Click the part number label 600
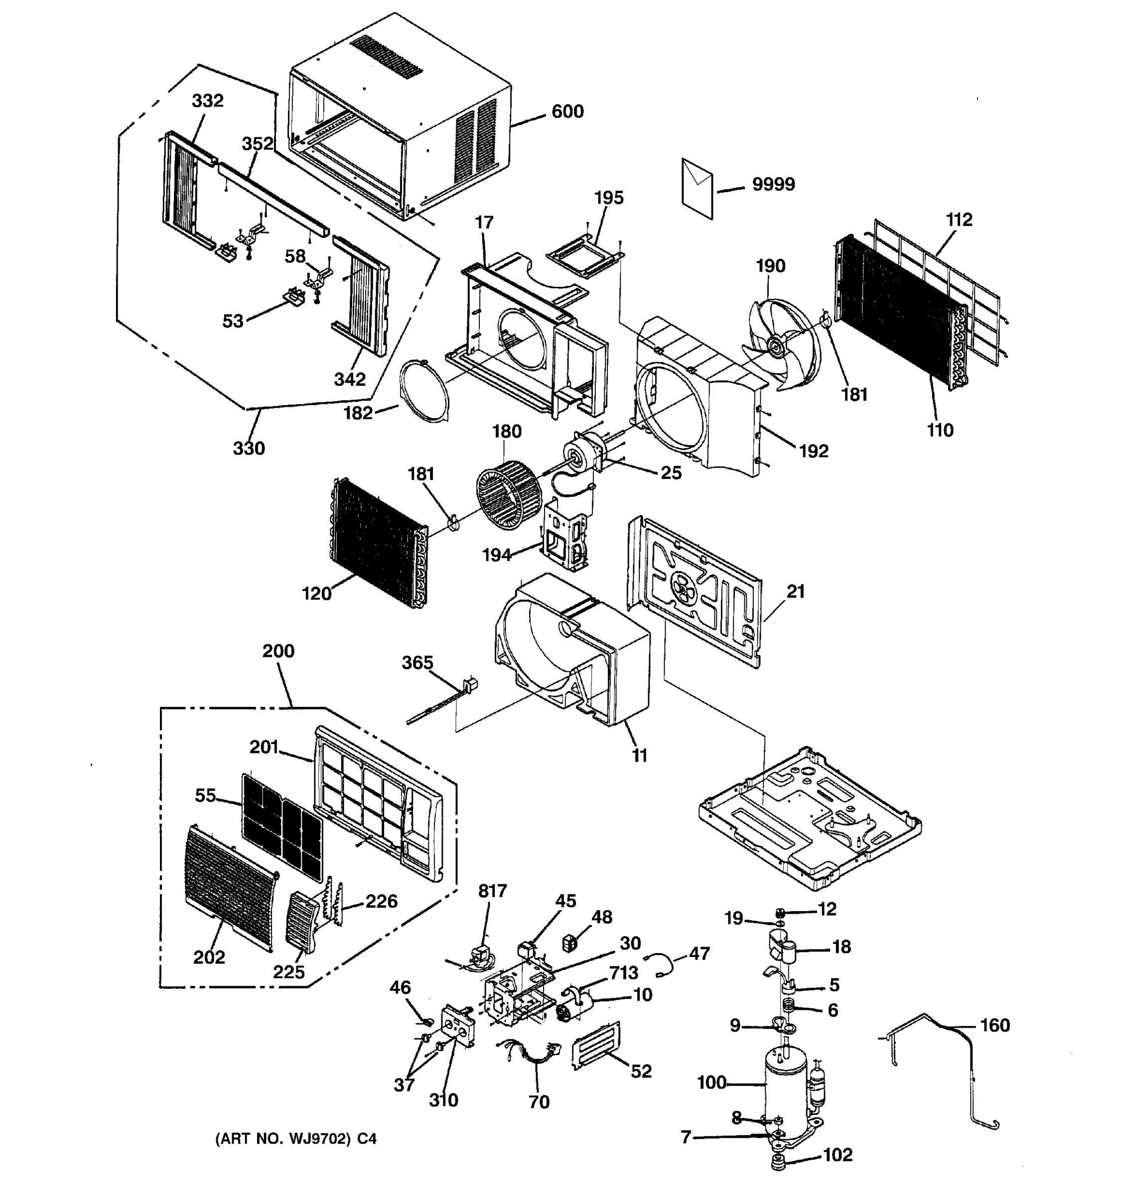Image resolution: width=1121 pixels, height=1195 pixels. tap(567, 112)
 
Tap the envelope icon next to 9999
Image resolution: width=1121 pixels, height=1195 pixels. tap(697, 188)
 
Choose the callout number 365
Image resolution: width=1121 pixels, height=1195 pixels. tap(418, 662)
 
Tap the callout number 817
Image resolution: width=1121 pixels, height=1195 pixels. tap(493, 891)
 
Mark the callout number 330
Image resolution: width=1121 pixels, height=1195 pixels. tap(249, 449)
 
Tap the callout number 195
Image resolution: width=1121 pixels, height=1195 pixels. tap(609, 198)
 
